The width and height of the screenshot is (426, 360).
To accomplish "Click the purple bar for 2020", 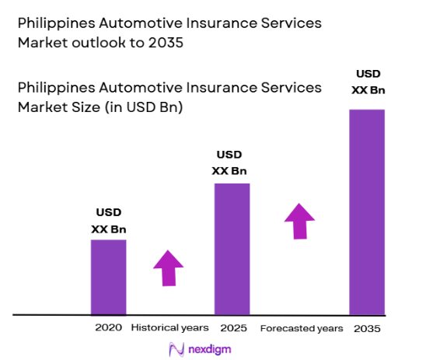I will [108, 276].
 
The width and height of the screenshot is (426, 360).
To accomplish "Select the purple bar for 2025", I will [232, 249].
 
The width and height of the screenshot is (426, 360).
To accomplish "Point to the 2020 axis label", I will [108, 327].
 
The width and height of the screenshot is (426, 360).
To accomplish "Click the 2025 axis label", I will [232, 327].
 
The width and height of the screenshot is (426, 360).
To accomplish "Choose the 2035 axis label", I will [367, 327].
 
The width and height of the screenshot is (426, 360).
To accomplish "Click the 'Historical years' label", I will [170, 327].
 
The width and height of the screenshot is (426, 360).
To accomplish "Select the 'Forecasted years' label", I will [301, 327].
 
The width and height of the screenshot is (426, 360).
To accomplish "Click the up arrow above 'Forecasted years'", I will [300, 221].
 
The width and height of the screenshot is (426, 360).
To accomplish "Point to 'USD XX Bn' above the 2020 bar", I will [108, 221].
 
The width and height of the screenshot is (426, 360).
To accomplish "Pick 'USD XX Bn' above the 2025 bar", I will [232, 163].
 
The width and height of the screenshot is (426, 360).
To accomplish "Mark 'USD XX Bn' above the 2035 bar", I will [367, 82].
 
